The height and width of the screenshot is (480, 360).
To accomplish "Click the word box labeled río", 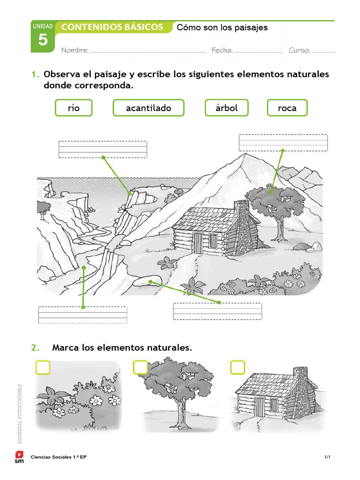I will coord(74,108).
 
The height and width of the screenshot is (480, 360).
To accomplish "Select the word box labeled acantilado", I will coord(148,108).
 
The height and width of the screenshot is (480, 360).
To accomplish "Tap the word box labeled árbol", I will coord(226,108).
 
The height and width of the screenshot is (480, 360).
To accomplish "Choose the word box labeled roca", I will coord(287,108).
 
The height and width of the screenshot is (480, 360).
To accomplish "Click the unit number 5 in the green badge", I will coord(43,40).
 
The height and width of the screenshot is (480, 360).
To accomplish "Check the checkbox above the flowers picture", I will coord(43,367).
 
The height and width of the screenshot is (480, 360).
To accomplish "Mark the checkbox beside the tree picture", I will coord(140,367).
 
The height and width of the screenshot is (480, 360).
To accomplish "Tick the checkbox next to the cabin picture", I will coord(238,367).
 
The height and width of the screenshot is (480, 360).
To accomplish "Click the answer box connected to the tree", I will coord(283,142).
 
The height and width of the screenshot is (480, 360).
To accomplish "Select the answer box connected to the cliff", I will coord(103,150).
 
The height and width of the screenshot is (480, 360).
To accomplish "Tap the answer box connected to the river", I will coord(82,315).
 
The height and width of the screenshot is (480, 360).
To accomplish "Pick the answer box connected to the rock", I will coord(217,311).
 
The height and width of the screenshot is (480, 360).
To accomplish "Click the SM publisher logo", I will coord(19,457).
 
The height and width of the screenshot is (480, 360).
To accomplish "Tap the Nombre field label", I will coord(75,50).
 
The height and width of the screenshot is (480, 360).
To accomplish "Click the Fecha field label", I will coord(222,50).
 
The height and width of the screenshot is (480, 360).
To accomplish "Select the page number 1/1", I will coord(327,457).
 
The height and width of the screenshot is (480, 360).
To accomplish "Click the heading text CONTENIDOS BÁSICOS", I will coord(112,27).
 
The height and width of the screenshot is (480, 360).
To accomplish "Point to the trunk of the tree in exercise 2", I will coord(180,412).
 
